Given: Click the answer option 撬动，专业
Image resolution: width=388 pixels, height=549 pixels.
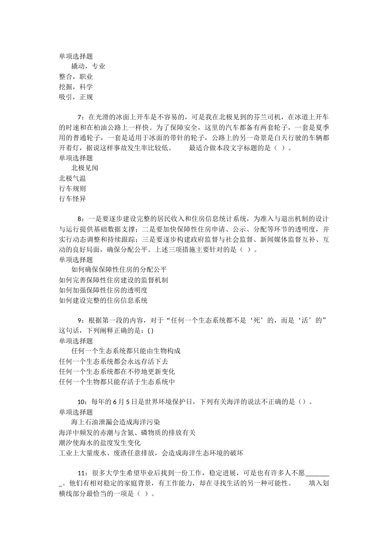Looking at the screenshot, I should coord(88,66).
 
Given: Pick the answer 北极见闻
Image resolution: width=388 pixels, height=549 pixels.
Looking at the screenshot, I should coord(85,168).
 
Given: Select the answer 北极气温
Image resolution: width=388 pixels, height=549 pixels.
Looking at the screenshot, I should coord(72,178).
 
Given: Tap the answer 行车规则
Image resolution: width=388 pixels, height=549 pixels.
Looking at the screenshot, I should coord(72,188).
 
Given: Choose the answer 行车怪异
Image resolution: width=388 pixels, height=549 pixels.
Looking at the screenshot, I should coord(72,199).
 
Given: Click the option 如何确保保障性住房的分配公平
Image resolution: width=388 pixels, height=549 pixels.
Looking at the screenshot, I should coord(119,270).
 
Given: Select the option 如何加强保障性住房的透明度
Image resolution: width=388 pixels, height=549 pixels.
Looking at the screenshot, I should coord(103,290).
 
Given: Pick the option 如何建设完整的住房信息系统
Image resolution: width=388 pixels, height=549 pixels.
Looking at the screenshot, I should coord(103,300).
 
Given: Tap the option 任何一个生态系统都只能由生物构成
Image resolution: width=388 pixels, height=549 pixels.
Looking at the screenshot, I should coord(126,351).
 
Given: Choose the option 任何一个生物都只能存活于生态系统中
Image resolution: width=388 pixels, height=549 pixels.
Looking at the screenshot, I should coord(117,382).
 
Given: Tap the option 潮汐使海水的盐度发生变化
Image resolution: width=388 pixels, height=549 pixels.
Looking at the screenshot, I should coord(100,442).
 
